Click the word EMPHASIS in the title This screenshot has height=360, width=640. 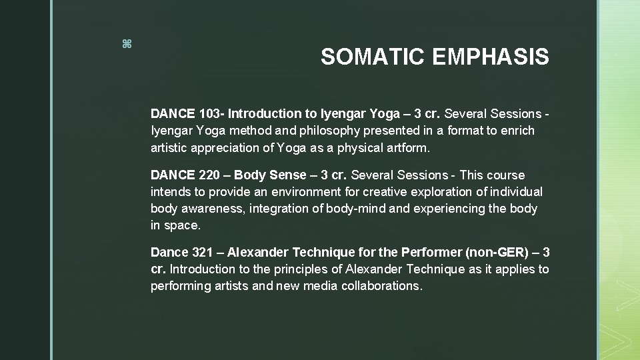pyautogui.click(x=491, y=57)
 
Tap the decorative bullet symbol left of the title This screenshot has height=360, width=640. pyautogui.click(x=127, y=44)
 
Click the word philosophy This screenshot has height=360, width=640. pyautogui.click(x=281, y=131)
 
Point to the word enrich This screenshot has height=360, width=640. pyautogui.click(x=517, y=131)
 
